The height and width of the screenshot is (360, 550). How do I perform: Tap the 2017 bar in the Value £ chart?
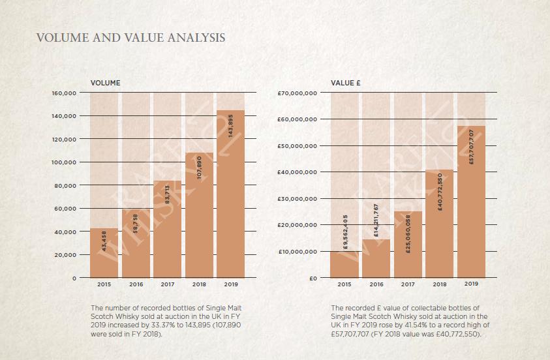[x=408, y=245]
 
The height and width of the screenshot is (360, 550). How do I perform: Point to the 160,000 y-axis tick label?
[x=64, y=93]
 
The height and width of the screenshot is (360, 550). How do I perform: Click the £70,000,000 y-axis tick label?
[x=298, y=93]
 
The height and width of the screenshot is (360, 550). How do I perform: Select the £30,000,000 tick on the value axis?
[x=298, y=199]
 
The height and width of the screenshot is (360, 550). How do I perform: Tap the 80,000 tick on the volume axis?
[x=66, y=186]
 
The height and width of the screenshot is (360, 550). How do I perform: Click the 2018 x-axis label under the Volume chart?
[x=199, y=284]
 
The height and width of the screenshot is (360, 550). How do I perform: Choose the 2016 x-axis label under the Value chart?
[x=376, y=284]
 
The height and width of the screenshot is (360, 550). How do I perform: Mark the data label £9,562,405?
[x=345, y=232]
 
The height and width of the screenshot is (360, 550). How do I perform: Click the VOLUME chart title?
[x=105, y=83]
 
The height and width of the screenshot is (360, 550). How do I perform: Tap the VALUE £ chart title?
[x=346, y=83]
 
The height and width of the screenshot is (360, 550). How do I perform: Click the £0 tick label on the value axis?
[x=313, y=278]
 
